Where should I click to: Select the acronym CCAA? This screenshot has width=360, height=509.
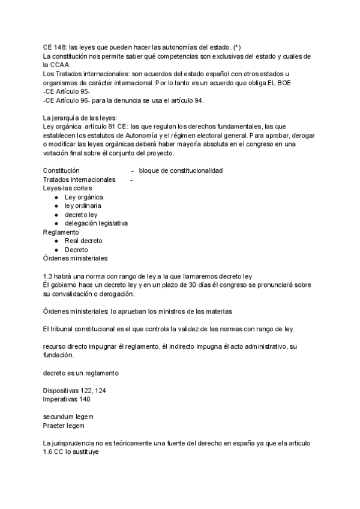coord(60,65)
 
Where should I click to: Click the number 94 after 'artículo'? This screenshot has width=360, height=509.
coord(197,100)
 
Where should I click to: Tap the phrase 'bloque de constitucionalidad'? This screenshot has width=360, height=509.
coord(181,171)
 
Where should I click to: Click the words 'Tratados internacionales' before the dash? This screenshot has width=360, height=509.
coord(79,179)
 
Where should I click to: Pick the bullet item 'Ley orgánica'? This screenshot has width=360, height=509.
coord(83,197)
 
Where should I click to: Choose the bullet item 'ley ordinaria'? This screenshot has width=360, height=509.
coord(83,206)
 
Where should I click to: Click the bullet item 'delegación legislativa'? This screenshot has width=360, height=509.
coord(96,223)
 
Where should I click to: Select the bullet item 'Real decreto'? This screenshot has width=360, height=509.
coord(83,241)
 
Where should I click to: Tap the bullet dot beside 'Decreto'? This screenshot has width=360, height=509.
coord(56,250)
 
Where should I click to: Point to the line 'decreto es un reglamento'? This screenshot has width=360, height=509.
coord(80,373)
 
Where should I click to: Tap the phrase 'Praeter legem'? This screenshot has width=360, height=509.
coord(64,426)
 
